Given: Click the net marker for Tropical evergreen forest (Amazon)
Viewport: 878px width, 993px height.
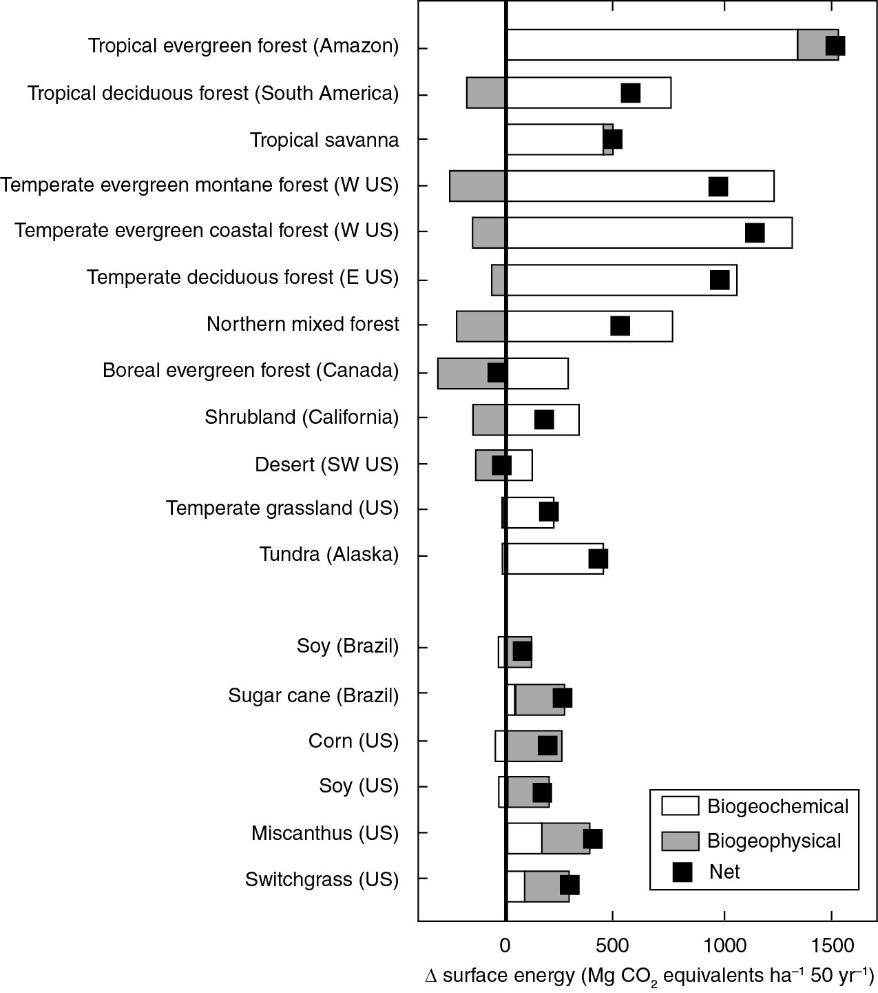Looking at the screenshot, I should coord(835,45).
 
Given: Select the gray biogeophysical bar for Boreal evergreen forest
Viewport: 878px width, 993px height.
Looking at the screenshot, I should coord(461,373).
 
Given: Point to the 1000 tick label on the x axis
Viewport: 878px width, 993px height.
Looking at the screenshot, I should coord(724,945).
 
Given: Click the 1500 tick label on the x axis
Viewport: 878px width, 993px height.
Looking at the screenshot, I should coord(831,945).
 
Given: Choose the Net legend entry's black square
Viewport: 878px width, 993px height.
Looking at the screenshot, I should coord(682,872).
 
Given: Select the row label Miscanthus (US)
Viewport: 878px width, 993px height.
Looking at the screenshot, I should coord(324,833).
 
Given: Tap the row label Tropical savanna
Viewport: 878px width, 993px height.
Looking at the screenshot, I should coord(324,140).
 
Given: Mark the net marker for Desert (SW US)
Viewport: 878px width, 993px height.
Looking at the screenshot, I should coord(501,465).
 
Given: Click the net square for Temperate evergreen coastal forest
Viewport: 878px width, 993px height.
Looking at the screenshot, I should coord(755,233).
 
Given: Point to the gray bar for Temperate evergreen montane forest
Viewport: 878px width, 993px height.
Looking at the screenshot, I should coord(478,186).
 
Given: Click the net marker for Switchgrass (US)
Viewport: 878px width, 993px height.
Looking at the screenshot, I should coord(569,885).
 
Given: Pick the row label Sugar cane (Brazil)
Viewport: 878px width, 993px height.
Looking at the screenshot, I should coord(313,695).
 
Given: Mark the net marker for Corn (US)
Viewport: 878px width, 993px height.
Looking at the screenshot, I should coord(547,746).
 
